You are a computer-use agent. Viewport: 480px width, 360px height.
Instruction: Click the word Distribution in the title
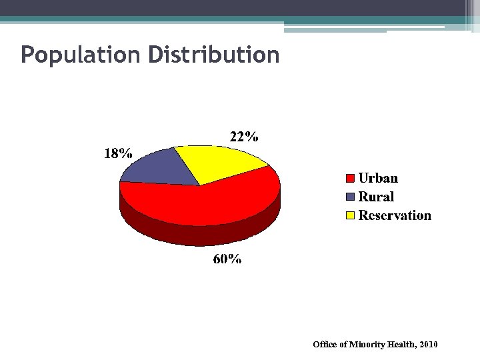pyautogui.click(x=213, y=54)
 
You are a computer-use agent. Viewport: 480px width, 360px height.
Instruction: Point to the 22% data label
pyautogui.click(x=244, y=137)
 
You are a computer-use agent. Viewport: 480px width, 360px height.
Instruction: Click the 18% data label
pyautogui.click(x=117, y=153)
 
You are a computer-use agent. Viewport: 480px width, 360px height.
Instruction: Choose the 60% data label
pyautogui.click(x=227, y=259)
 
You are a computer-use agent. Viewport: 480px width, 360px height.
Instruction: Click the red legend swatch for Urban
pyautogui.click(x=350, y=179)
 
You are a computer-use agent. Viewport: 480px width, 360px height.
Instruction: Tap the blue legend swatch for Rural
pyautogui.click(x=350, y=197)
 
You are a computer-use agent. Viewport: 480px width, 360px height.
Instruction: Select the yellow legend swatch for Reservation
pyautogui.click(x=350, y=215)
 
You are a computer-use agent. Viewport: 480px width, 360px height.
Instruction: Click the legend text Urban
pyautogui.click(x=378, y=178)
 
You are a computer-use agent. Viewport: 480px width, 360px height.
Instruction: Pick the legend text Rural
pyautogui.click(x=376, y=197)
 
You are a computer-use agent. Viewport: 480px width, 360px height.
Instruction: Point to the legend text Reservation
pyautogui.click(x=395, y=215)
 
